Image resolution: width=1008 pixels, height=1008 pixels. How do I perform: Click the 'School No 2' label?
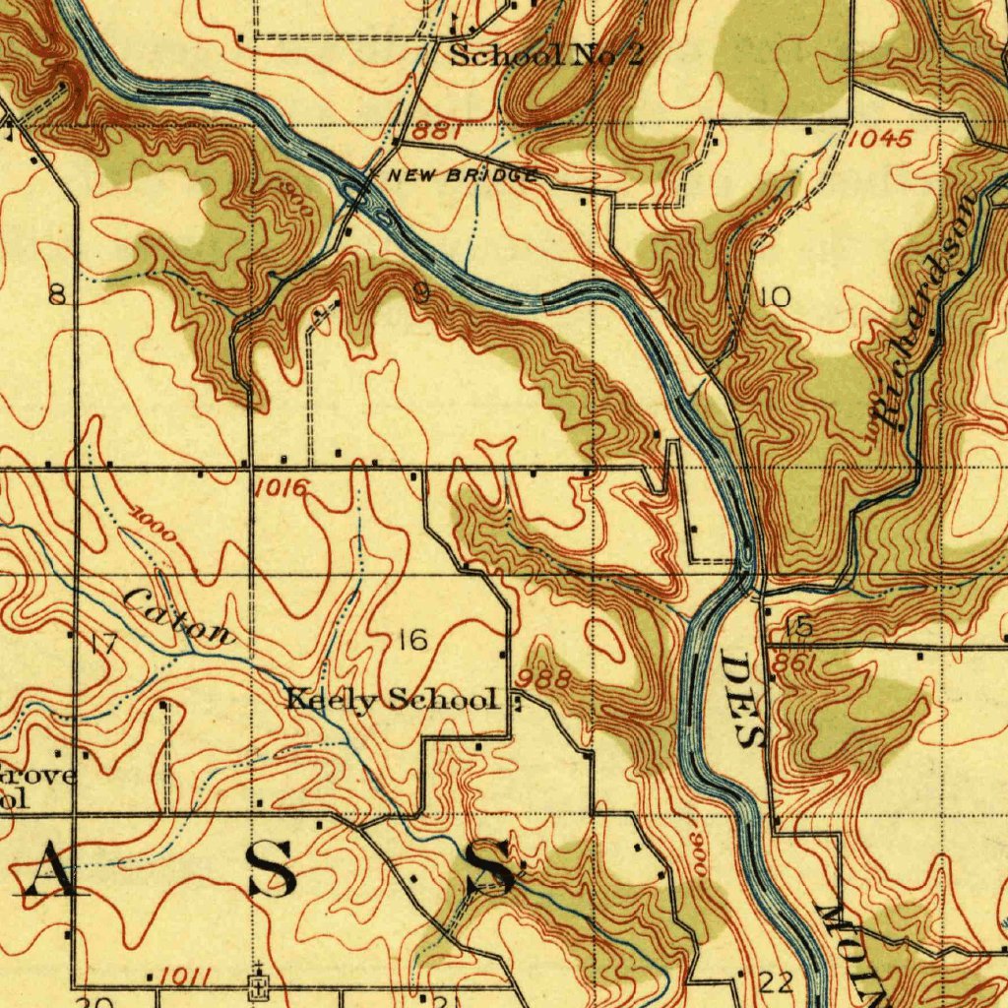(546, 55)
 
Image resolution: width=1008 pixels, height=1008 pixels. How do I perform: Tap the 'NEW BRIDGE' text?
(463, 176)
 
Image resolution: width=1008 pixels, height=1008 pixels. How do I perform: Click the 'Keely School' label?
(391, 700)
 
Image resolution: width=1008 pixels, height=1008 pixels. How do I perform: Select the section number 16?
(412, 641)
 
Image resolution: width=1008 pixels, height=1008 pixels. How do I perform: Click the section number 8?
(58, 294)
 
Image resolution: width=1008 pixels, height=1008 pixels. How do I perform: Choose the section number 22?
(777, 981)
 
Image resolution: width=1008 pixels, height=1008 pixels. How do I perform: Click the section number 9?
(420, 292)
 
